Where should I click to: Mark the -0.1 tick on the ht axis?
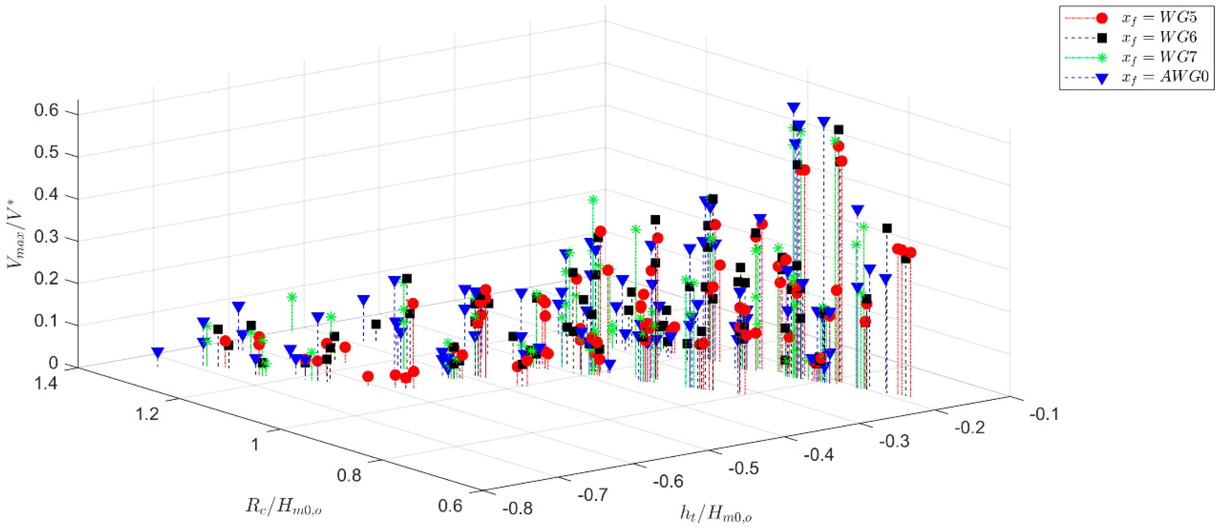(1044, 414)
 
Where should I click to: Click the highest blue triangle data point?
(794, 107)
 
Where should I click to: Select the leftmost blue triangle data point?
(158, 353)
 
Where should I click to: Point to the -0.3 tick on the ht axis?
(894, 441)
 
